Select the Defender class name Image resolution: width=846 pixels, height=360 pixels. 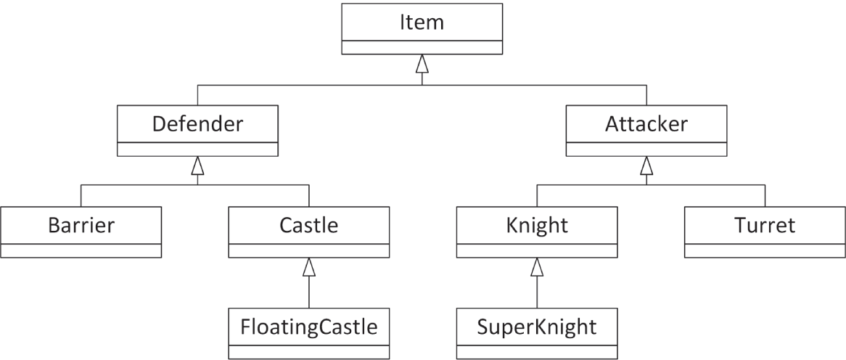(x=197, y=123)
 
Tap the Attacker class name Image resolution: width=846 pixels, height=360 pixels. (x=646, y=123)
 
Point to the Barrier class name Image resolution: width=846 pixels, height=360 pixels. (x=81, y=225)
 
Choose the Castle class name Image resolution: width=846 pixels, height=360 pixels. (x=309, y=225)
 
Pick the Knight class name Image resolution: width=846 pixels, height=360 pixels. (x=537, y=225)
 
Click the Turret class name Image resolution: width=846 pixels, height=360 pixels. (x=765, y=225)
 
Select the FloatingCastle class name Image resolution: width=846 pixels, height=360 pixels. (x=309, y=327)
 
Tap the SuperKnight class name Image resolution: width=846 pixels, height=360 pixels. (x=537, y=327)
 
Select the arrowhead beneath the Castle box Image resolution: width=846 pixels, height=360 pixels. (x=309, y=268)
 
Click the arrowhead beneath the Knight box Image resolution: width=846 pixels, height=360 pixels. (x=537, y=268)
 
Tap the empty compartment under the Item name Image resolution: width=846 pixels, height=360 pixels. (x=422, y=47)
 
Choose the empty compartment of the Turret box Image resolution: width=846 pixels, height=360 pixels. (x=765, y=250)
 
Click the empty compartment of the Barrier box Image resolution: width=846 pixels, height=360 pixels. (x=81, y=250)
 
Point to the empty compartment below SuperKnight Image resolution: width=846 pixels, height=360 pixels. (x=537, y=352)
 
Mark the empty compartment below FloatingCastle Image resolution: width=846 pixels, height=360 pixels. (x=309, y=352)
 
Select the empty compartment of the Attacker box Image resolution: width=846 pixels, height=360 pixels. (x=646, y=149)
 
